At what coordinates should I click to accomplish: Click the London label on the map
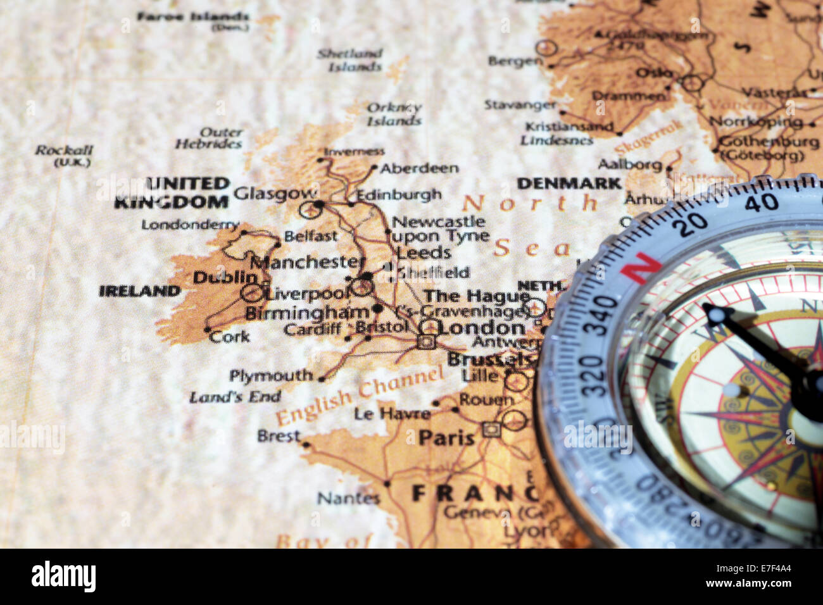click(481, 327)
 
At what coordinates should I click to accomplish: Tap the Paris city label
click(446, 437)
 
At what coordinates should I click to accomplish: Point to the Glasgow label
click(275, 193)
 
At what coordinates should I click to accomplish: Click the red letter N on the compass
click(640, 268)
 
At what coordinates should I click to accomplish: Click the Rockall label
click(63, 151)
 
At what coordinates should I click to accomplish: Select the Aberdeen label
click(419, 168)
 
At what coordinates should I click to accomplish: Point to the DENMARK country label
click(569, 184)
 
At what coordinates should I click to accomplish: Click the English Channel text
click(360, 397)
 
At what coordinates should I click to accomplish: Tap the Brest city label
click(279, 435)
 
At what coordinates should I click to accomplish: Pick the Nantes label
click(348, 498)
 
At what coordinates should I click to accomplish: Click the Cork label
click(229, 336)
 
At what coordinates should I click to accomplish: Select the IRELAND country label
click(139, 291)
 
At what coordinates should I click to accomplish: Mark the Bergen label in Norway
click(515, 61)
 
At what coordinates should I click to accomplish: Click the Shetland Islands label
click(350, 59)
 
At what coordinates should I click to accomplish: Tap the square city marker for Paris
click(489, 429)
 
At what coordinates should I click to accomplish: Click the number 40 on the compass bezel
click(761, 203)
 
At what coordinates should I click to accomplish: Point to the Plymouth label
click(271, 376)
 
